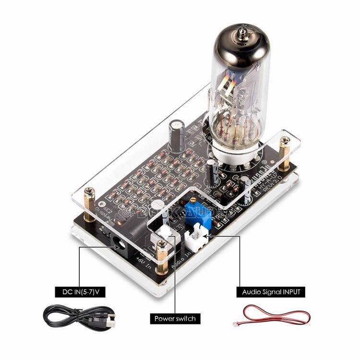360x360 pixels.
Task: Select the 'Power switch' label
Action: [x=175, y=318]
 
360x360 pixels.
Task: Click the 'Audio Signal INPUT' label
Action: [x=271, y=291]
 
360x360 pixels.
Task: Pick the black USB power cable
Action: [x=79, y=317]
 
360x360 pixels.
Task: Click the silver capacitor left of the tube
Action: [x=179, y=130]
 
